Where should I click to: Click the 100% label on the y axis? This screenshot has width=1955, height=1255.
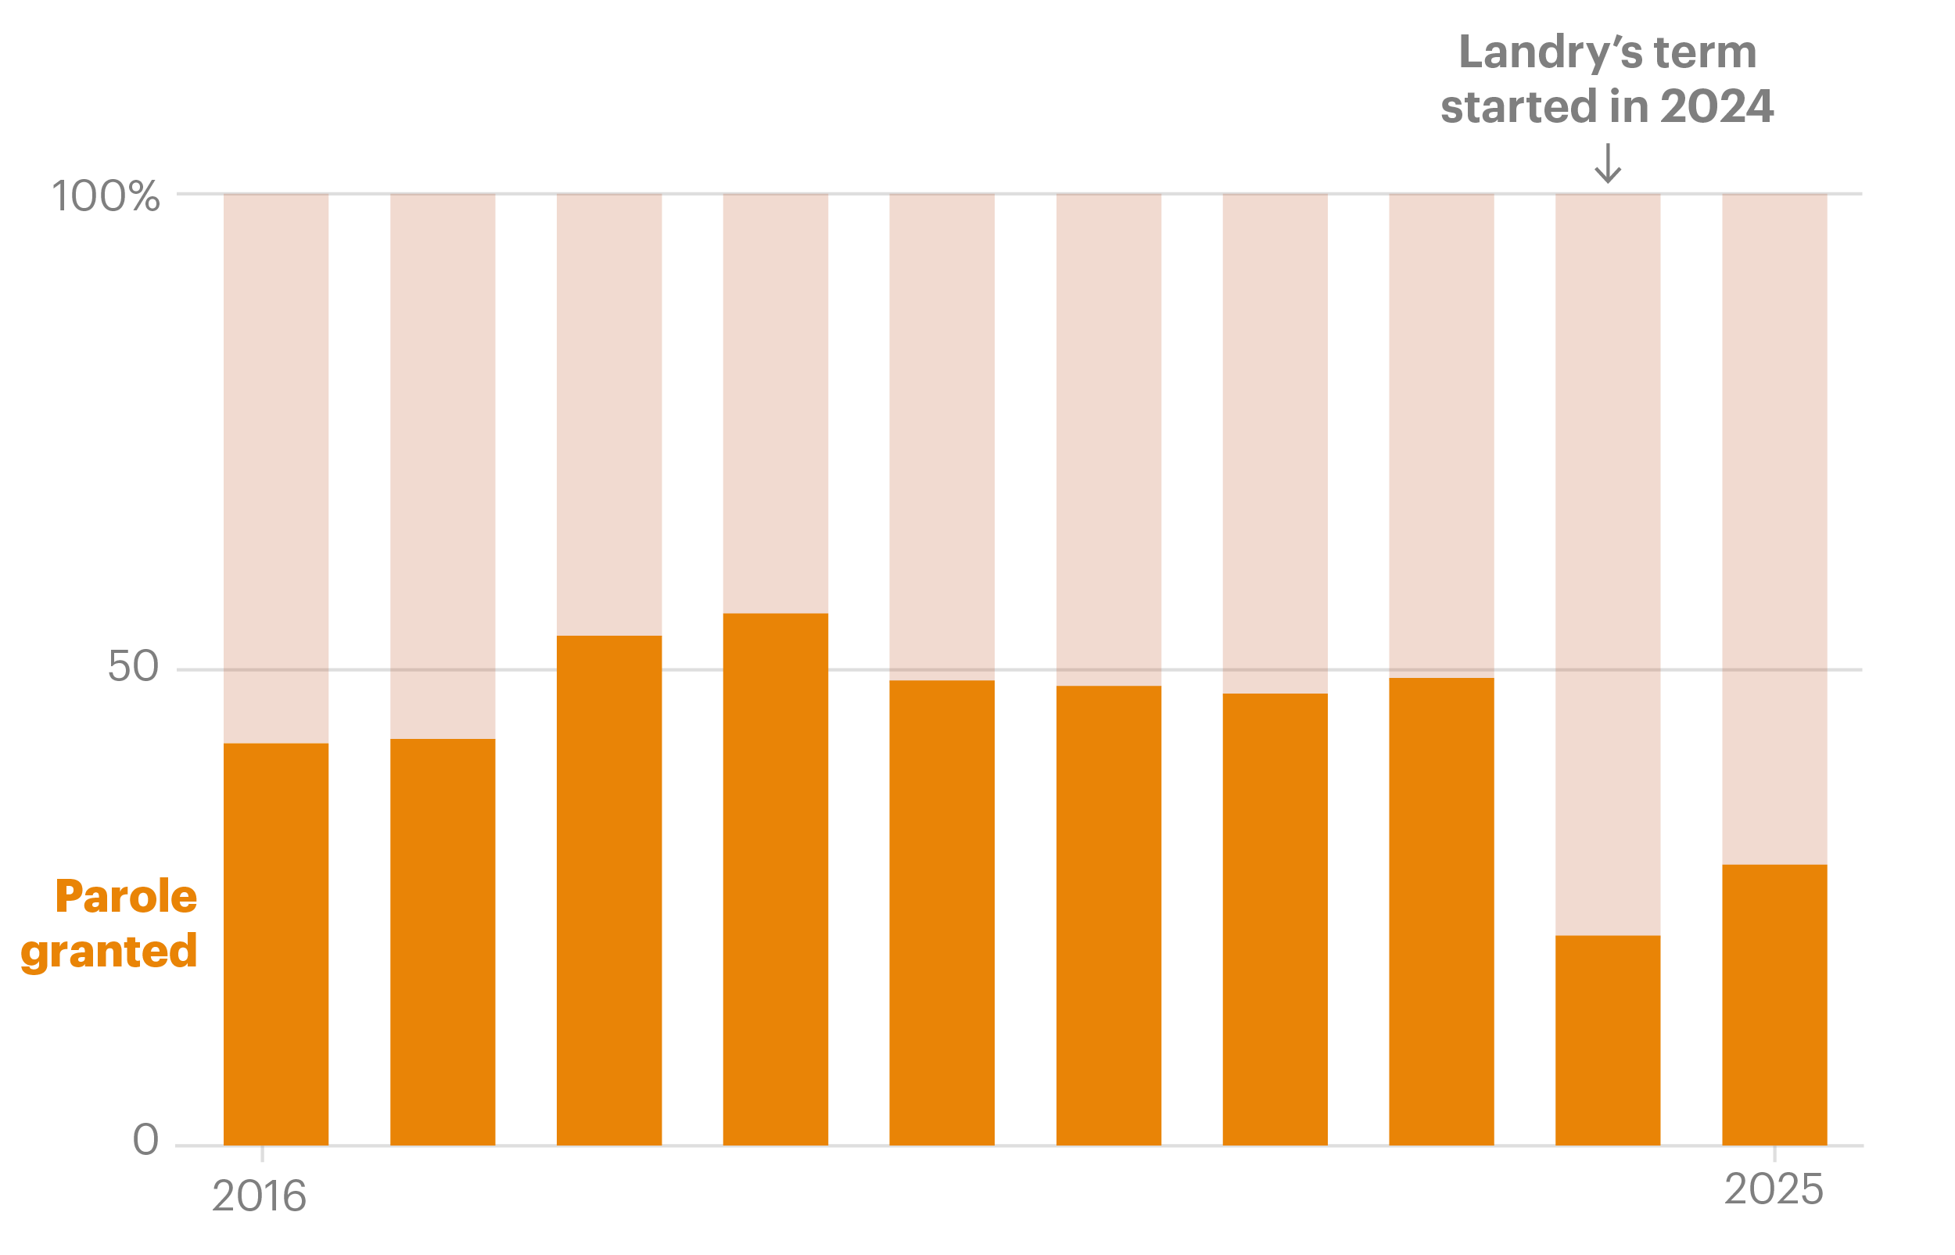(x=105, y=196)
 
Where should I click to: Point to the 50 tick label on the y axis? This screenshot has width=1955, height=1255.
(x=133, y=667)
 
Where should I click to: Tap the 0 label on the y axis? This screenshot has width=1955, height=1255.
(x=146, y=1139)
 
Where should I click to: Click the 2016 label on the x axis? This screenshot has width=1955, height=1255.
(x=259, y=1196)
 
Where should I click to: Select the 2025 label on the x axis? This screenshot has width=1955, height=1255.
(x=1774, y=1190)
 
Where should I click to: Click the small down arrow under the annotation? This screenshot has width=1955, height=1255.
(x=1607, y=163)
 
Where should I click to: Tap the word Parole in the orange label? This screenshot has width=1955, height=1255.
(x=127, y=897)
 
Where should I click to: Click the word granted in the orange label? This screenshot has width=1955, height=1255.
(x=109, y=951)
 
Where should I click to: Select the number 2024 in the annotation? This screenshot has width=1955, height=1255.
(x=1716, y=107)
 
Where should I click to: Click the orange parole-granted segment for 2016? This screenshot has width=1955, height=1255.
(x=276, y=944)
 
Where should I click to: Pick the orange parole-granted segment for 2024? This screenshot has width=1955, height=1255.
(x=1607, y=1040)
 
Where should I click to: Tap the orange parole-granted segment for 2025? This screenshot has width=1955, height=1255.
(x=1774, y=1005)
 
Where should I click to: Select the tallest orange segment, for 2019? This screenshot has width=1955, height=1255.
(x=775, y=880)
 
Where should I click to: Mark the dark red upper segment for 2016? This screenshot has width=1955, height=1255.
(x=276, y=468)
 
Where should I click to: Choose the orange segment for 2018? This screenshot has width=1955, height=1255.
(x=608, y=891)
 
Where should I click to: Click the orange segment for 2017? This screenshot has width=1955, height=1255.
(x=443, y=942)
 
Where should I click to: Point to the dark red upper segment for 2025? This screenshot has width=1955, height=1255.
(x=1774, y=529)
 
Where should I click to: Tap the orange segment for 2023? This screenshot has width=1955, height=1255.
(x=1440, y=912)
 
